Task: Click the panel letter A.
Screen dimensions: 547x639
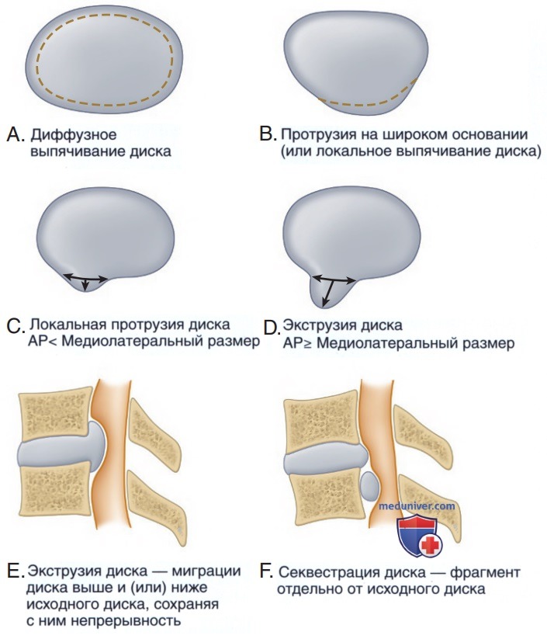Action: pos(16,134)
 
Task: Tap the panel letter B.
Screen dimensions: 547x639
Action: pos(268,134)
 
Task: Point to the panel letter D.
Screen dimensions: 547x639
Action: pos(271,328)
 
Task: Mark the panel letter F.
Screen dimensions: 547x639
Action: pos(265,571)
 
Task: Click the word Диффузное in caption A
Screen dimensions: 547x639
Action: pos(74,135)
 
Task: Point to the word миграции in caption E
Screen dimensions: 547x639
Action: pos(206,571)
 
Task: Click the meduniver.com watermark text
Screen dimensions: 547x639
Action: pos(417,506)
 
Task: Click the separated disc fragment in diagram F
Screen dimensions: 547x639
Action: pos(370,486)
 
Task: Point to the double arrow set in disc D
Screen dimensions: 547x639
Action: pos(332,287)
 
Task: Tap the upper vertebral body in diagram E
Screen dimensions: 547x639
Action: pos(54,413)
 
